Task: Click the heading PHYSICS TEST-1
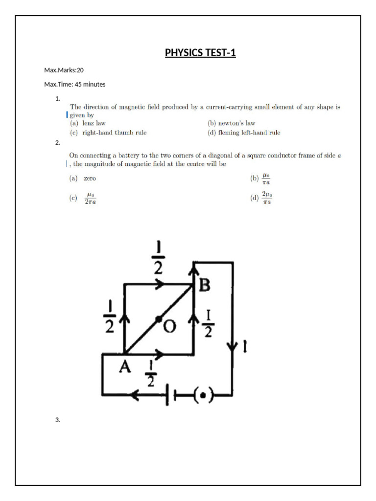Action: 200,53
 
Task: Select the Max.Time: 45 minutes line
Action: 74,84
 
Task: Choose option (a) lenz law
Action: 88,123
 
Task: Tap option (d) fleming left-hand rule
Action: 244,133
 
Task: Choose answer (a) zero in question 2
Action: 83,179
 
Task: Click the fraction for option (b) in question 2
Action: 266,179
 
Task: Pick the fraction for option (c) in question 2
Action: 90,198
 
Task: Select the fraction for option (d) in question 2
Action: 267,198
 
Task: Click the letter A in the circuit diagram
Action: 125,366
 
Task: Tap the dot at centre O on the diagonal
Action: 158,319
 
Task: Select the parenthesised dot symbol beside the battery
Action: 202,394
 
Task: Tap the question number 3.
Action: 58,420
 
